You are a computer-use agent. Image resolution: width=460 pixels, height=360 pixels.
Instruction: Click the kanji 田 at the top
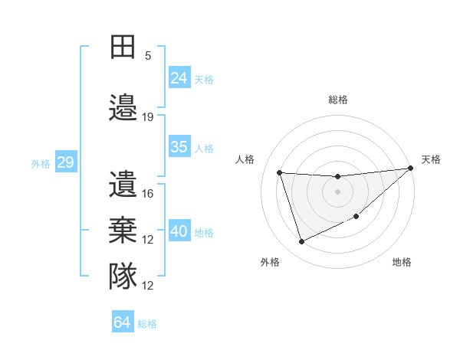123,47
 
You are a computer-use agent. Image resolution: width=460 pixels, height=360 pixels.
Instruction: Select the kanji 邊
123,107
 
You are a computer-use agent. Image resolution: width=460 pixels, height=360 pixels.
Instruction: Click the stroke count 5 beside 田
148,55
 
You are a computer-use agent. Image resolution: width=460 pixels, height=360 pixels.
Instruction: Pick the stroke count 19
148,116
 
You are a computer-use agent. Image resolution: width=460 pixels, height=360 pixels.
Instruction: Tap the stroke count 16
148,193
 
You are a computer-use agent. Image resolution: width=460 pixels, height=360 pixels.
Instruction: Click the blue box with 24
179,77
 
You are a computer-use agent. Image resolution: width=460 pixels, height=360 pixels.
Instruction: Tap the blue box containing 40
179,231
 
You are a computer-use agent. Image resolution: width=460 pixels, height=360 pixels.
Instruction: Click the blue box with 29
65,162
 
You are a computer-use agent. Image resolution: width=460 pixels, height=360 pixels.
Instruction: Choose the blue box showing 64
123,322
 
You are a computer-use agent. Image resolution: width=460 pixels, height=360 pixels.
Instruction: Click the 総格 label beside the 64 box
147,324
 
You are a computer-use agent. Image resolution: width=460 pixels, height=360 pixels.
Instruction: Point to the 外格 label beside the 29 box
41,164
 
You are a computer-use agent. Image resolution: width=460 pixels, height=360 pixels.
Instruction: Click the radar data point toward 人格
280,172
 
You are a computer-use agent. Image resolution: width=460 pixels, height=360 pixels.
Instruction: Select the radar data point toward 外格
301,242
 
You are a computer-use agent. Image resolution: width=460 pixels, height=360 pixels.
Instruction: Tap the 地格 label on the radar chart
402,262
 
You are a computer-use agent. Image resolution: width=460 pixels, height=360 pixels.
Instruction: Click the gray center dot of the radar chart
337,191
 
